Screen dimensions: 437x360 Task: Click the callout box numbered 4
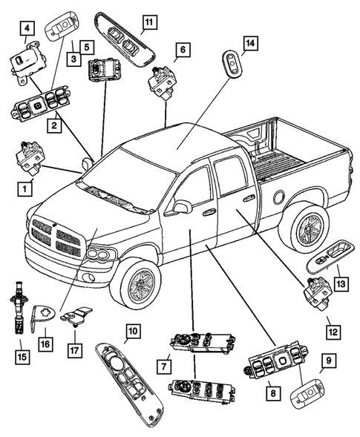pyautogui.click(x=27, y=30)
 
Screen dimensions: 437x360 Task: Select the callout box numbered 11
pyautogui.click(x=148, y=23)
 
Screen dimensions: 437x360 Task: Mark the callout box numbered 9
pyautogui.click(x=327, y=364)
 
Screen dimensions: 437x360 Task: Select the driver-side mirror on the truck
pyautogui.click(x=179, y=208)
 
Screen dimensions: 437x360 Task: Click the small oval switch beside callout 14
pyautogui.click(x=232, y=65)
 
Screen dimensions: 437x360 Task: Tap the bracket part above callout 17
pyautogui.click(x=76, y=317)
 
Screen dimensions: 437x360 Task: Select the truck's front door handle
pyautogui.click(x=209, y=212)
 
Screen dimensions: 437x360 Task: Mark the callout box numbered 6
pyautogui.click(x=182, y=50)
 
